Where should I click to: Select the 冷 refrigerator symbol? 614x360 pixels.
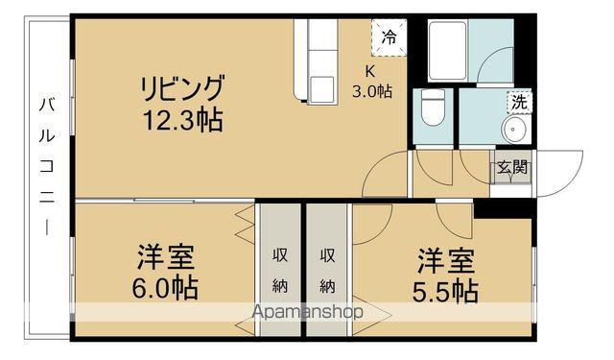pyautogui.click(x=389, y=37)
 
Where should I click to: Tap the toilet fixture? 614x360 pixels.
pyautogui.click(x=434, y=107)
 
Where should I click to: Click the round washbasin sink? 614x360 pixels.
pyautogui.click(x=515, y=132)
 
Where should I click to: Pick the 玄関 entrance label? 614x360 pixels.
pyautogui.click(x=511, y=167)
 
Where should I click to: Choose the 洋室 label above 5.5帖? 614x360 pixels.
pyautogui.click(x=445, y=260)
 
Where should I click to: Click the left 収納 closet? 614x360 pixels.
pyautogui.click(x=280, y=270)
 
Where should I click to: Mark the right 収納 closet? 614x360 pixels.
pyautogui.click(x=328, y=270)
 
